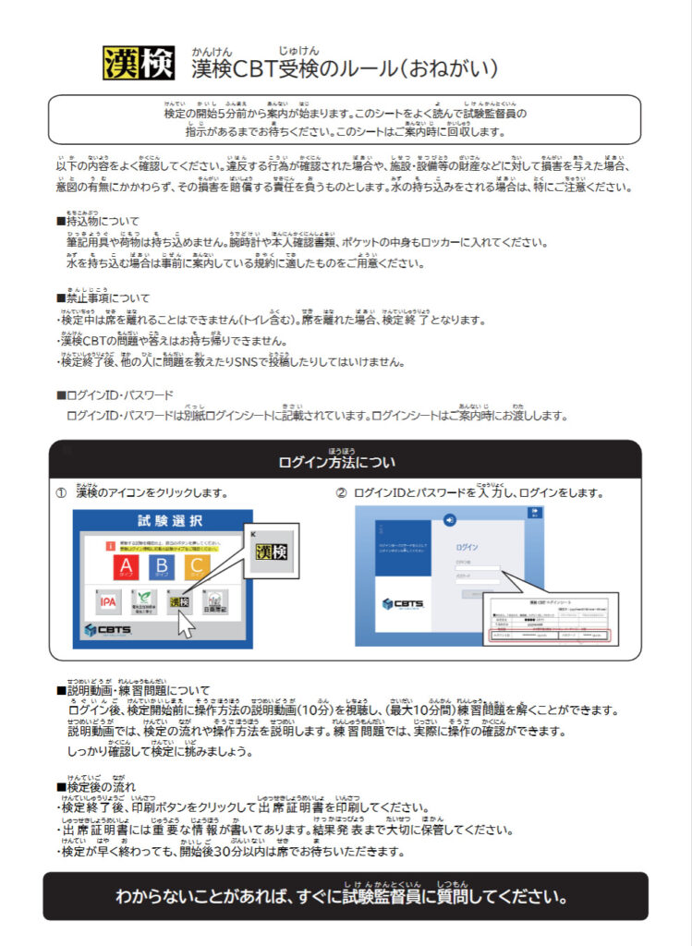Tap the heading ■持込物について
pyautogui.click(x=98, y=222)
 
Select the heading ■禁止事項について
pyautogui.click(x=103, y=298)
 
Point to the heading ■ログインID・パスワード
pyautogui.click(x=115, y=395)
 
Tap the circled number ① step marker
pyautogui.click(x=61, y=492)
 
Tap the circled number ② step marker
pyautogui.click(x=341, y=492)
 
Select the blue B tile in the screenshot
pyautogui.click(x=161, y=565)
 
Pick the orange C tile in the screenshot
pyautogui.click(x=194, y=565)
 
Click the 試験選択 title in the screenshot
pyautogui.click(x=164, y=522)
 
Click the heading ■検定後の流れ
pyautogui.click(x=96, y=786)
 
